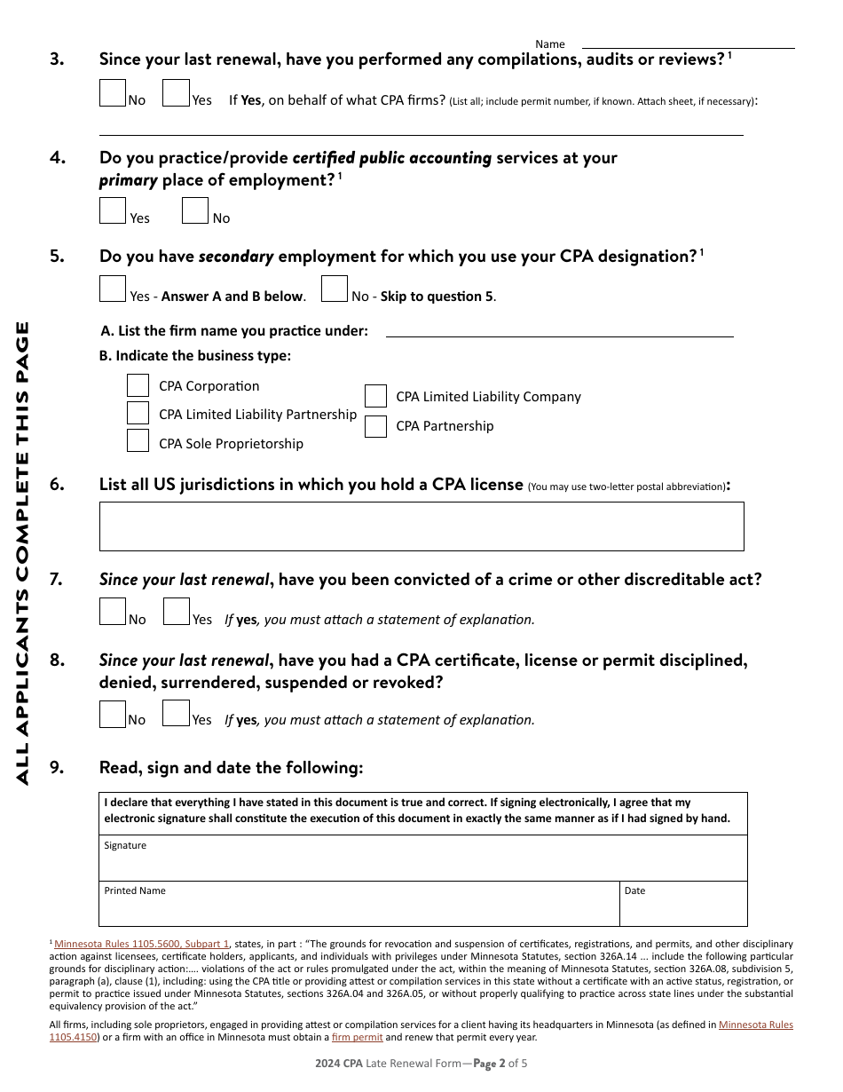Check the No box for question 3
tap(113, 93)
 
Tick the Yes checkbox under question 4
tap(113, 210)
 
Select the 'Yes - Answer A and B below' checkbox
tap(113, 289)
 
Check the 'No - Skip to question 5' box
tap(335, 289)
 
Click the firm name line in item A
tap(559, 329)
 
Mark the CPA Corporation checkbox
tap(138, 385)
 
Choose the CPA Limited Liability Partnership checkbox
tap(138, 413)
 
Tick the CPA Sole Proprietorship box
tap(138, 440)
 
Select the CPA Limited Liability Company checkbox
tap(375, 396)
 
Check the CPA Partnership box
tap(375, 426)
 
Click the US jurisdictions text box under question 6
tap(421, 526)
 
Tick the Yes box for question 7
tap(177, 612)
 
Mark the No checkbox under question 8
tap(113, 714)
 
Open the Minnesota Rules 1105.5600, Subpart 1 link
tap(142, 944)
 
